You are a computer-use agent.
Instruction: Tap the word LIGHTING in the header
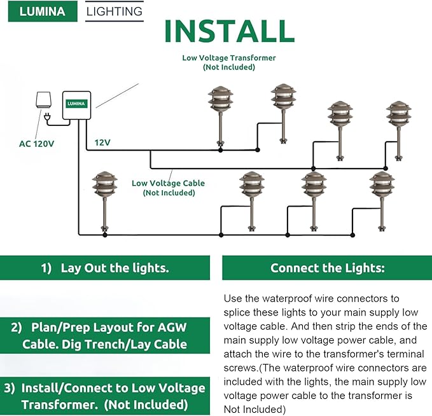(x=115, y=11)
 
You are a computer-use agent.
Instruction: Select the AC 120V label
(x=36, y=144)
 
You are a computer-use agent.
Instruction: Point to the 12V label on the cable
(x=102, y=142)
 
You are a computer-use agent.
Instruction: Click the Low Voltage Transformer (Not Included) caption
(x=228, y=62)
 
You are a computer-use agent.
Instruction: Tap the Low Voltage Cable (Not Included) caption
(x=168, y=188)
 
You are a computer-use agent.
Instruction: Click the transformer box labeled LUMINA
(x=76, y=106)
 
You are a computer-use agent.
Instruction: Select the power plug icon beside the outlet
(x=48, y=116)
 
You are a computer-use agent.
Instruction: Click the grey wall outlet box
(x=43, y=99)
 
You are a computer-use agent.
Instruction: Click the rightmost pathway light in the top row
(x=398, y=128)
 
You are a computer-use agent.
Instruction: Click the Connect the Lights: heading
(x=327, y=268)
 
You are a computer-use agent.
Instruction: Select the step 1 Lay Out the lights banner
(x=105, y=268)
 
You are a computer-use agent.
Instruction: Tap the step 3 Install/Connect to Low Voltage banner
(x=105, y=395)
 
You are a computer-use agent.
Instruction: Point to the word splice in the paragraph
(x=239, y=312)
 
